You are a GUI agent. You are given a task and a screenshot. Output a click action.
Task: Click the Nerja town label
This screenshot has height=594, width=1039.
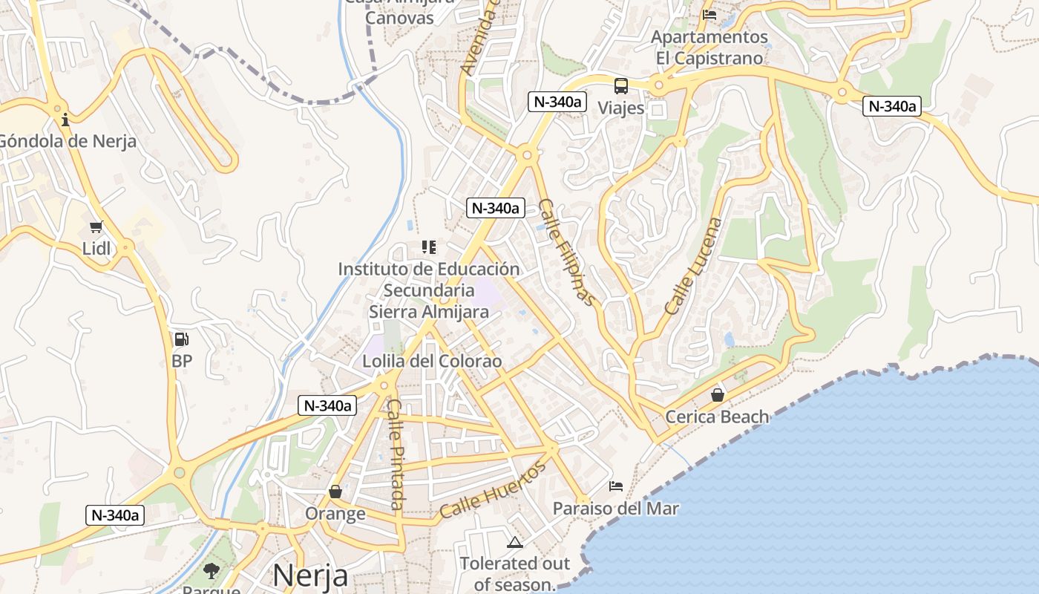tap(310, 575)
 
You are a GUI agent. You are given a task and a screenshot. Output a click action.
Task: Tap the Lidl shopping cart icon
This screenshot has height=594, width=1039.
tap(96, 227)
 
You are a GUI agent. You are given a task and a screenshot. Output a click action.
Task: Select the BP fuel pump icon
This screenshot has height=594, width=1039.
tap(181, 339)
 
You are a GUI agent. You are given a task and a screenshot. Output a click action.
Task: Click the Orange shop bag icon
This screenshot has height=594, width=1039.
tap(335, 492)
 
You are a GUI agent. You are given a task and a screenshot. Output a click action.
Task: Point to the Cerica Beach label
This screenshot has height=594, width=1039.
tap(717, 417)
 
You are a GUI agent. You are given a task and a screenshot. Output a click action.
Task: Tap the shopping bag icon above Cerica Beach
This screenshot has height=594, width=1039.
tap(718, 395)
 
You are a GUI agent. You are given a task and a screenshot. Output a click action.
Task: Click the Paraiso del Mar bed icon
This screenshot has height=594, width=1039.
tap(616, 486)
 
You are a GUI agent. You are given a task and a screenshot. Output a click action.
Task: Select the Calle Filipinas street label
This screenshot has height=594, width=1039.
tap(566, 252)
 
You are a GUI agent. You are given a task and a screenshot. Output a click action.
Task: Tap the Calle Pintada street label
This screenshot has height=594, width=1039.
tap(396, 454)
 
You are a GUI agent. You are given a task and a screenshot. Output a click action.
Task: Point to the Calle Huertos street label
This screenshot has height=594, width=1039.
tap(493, 489)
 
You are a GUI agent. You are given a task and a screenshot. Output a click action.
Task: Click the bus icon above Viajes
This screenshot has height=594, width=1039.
tap(621, 86)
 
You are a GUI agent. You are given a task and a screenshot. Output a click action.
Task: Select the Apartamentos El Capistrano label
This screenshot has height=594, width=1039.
tap(709, 48)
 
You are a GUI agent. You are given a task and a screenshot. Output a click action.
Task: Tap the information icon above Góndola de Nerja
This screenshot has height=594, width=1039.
tap(65, 119)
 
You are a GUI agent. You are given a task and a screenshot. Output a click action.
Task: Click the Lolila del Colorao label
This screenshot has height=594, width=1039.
tap(432, 362)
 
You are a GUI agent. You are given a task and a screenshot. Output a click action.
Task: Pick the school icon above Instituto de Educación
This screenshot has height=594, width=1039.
tap(428, 247)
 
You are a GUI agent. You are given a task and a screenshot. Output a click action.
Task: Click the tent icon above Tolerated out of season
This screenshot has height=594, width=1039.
tap(515, 543)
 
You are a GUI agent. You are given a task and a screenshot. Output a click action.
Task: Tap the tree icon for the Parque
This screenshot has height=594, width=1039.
tap(212, 571)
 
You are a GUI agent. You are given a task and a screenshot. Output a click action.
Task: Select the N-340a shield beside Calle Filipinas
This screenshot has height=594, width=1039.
tap(496, 208)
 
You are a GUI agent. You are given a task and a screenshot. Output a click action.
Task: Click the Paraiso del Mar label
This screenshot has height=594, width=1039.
tap(616, 509)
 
